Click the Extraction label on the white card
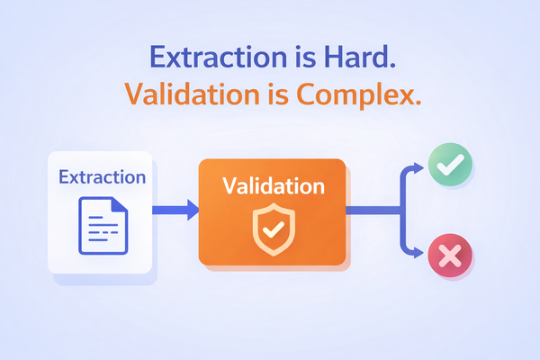coord(101,176)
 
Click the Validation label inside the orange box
coord(273,187)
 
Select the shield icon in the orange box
coord(272,229)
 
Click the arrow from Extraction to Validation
coord(175,212)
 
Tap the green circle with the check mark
coord(449,165)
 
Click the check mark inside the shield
coord(272,229)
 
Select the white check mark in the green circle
coord(449,165)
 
